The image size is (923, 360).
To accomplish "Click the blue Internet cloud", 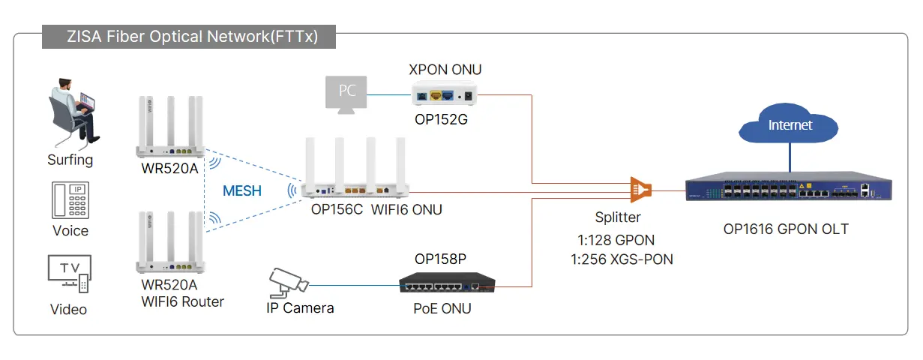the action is click(788, 123).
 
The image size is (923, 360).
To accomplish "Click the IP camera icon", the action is click(289, 283).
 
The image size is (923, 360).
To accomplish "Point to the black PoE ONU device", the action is click(447, 283).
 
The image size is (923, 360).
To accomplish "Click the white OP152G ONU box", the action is click(444, 94).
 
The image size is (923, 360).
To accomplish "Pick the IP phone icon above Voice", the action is click(70, 200).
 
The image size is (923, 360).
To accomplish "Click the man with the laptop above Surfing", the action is click(73, 112).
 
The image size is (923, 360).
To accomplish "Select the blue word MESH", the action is click(242, 191).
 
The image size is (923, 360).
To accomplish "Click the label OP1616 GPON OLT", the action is click(786, 229).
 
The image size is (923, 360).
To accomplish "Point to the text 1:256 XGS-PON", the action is click(622, 259).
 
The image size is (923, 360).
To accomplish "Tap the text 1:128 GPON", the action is click(616, 240).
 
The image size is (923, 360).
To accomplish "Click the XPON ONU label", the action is click(445, 69).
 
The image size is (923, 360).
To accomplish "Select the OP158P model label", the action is click(440, 259).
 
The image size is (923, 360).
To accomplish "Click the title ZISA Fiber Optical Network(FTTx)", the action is click(193, 36).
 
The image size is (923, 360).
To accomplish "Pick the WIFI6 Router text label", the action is click(182, 301).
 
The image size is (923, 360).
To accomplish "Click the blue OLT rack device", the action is click(789, 186).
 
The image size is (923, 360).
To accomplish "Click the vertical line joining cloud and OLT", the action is click(790, 157).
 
